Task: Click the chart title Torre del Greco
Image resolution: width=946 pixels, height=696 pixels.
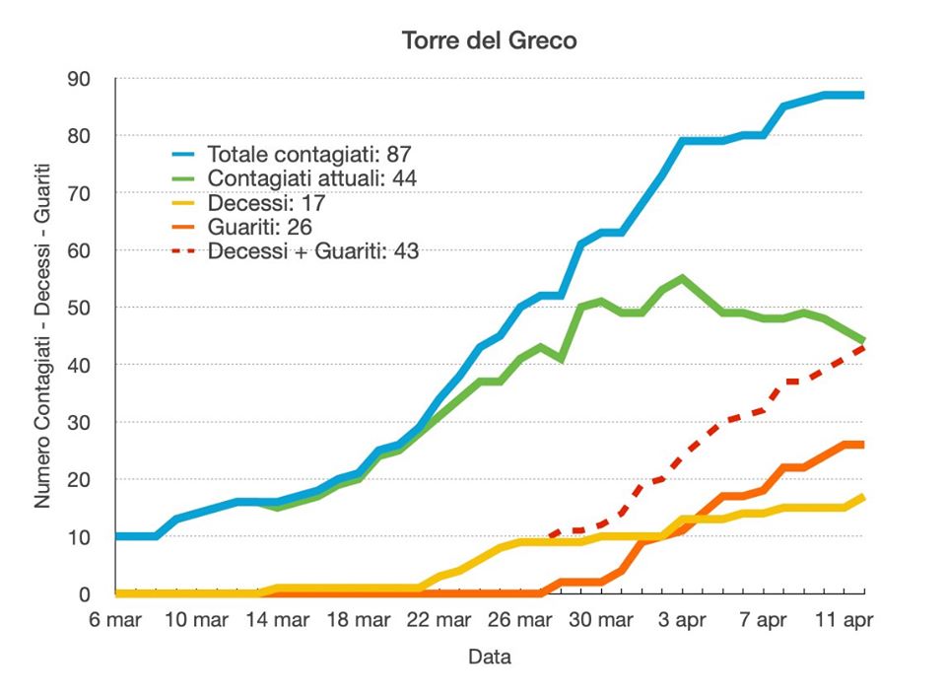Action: (489, 41)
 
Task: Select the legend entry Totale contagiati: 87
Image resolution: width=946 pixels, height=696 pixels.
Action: (308, 155)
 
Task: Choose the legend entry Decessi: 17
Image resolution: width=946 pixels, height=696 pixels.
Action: (266, 204)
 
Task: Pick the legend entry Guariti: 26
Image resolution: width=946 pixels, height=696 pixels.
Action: (261, 228)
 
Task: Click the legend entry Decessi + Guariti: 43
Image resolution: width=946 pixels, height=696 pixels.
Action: (313, 251)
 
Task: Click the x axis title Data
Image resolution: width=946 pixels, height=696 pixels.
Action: (489, 657)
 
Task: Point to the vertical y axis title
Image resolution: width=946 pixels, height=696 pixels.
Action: (43, 335)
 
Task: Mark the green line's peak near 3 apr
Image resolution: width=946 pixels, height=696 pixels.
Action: (682, 278)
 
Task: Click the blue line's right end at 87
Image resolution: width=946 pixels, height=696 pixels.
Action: (863, 96)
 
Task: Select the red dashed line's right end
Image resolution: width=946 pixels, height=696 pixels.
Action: (863, 347)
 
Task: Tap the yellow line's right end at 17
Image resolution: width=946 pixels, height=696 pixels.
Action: (863, 497)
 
